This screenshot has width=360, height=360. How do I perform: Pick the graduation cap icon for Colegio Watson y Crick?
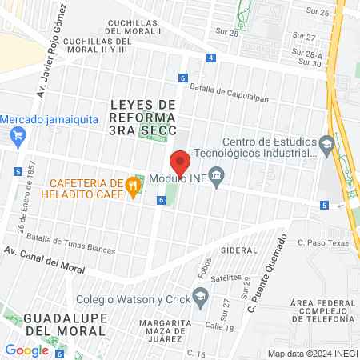point(200,300)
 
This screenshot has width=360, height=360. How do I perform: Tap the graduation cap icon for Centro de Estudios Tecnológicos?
point(326,144)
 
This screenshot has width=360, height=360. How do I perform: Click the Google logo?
point(26,350)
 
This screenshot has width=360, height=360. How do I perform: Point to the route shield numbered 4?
point(210,58)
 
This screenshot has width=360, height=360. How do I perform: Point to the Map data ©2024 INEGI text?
point(310,354)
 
